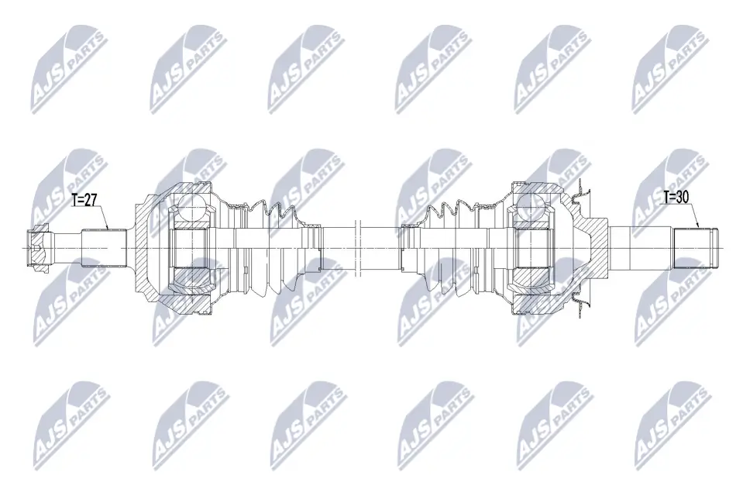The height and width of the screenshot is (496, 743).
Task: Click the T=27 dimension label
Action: click(84, 200)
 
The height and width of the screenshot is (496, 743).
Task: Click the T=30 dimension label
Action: click(676, 198)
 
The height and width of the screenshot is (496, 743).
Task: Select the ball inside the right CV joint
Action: click(530, 206)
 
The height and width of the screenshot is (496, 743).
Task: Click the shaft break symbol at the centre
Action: click(358, 247)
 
